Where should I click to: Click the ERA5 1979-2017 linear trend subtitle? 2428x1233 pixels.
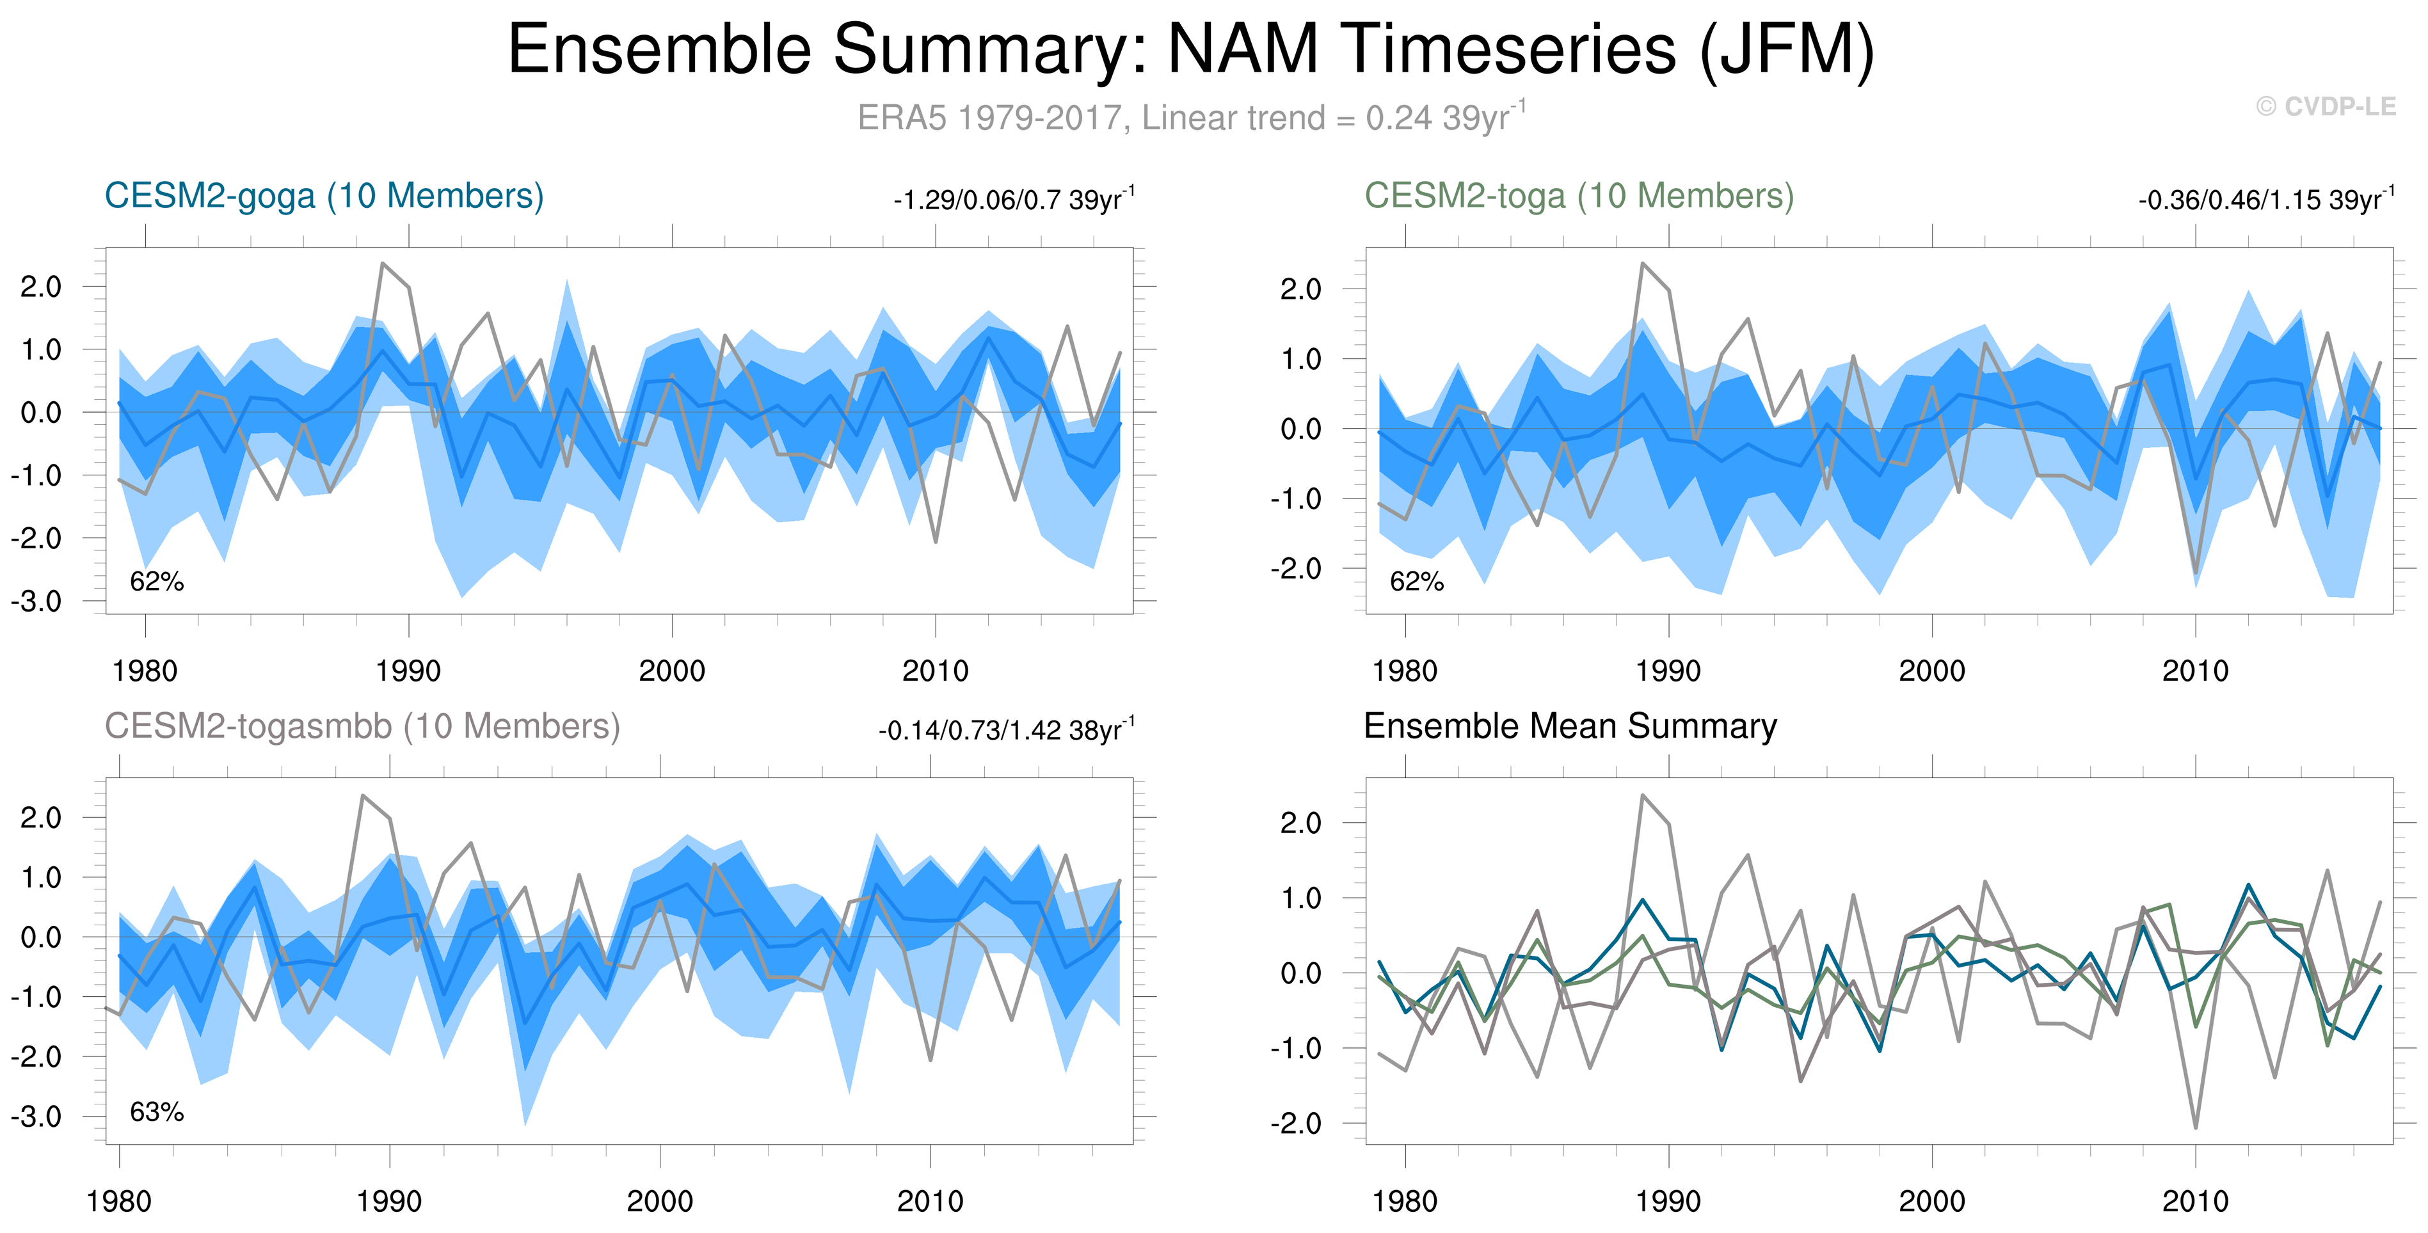(x=1192, y=117)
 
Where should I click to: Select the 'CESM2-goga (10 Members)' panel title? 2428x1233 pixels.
(x=324, y=196)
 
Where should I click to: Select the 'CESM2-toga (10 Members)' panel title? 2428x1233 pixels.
(x=1579, y=196)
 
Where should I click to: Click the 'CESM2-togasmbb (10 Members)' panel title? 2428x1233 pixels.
(x=362, y=727)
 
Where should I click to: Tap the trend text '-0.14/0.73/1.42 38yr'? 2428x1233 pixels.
(x=1007, y=729)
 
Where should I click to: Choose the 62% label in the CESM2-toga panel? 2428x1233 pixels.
(x=1417, y=582)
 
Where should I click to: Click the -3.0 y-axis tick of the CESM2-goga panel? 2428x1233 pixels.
(x=36, y=601)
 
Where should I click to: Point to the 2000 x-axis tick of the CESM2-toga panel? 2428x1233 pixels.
(x=1931, y=671)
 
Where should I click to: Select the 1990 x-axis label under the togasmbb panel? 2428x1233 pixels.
(x=388, y=1202)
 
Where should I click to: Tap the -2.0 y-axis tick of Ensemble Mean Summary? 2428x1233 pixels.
(x=1295, y=1124)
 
